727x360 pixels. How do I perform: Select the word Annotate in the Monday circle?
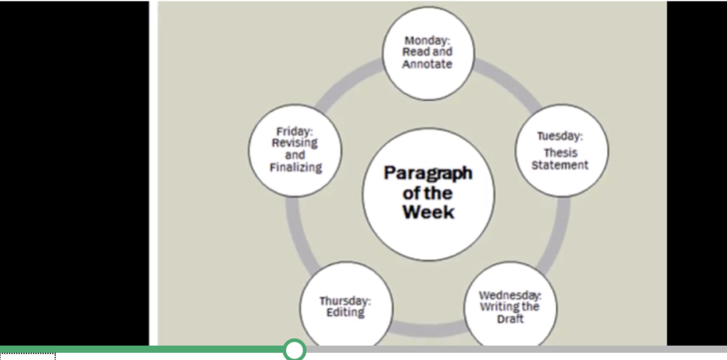pos(427,64)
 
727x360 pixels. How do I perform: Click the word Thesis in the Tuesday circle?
pos(560,153)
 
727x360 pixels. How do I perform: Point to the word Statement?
pos(560,165)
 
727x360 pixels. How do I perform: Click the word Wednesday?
pos(510,295)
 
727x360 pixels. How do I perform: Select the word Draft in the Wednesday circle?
pos(510,320)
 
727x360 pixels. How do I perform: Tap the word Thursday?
pos(345,301)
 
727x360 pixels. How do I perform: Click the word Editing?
pos(345,313)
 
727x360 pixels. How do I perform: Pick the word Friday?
pos(295,131)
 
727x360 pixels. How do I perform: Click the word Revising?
pos(295,143)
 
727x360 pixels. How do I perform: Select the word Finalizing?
pos(295,168)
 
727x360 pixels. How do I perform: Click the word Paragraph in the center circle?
pos(427,173)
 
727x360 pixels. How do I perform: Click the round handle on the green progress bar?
pos(294,349)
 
